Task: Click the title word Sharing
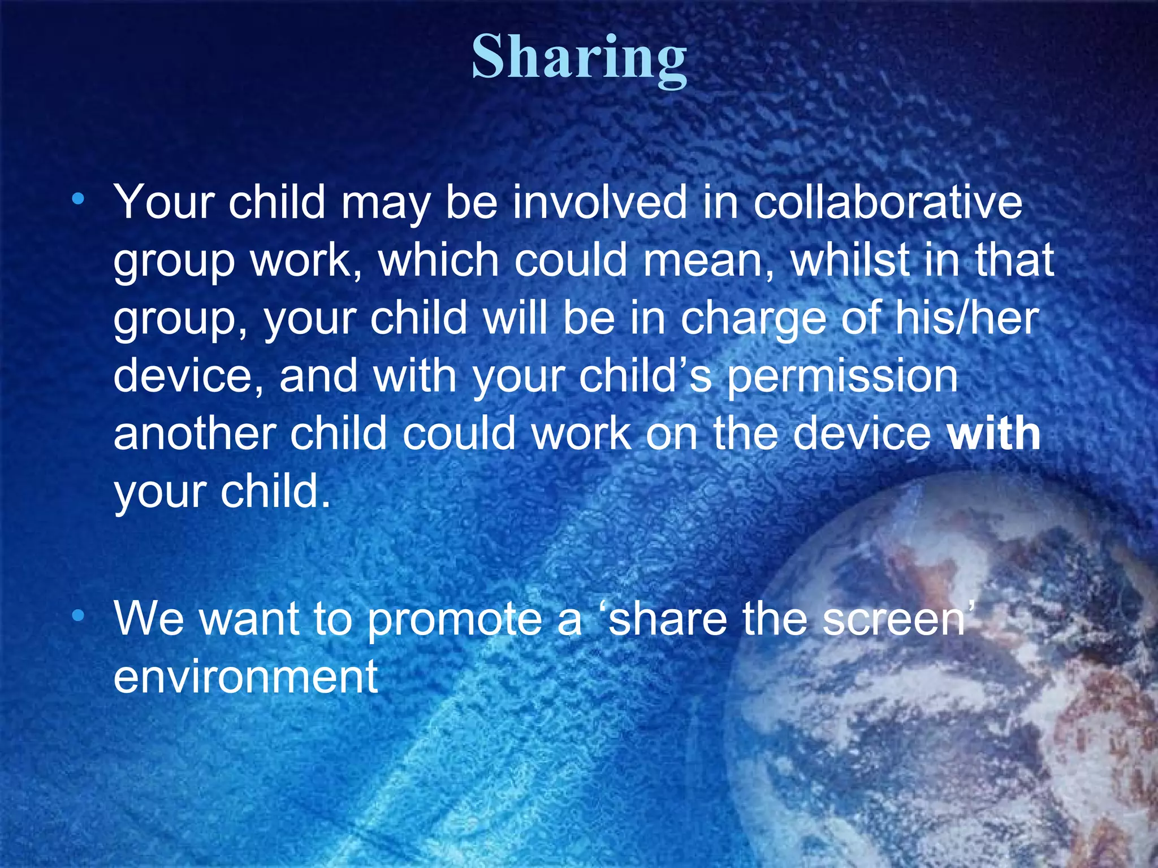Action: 579,59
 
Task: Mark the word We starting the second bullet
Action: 149,619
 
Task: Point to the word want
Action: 249,619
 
